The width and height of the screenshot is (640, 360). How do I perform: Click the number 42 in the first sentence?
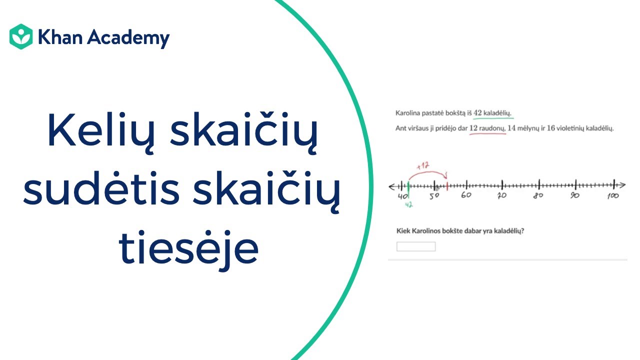(x=477, y=112)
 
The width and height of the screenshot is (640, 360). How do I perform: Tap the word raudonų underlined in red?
(x=493, y=128)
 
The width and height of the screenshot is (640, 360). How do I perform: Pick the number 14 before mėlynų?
(x=511, y=128)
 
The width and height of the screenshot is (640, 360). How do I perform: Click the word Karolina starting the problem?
(x=408, y=113)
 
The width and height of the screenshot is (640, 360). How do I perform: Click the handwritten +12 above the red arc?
(x=424, y=165)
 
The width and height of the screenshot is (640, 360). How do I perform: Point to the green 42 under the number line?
(x=408, y=204)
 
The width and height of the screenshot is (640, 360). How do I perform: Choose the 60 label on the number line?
(x=466, y=195)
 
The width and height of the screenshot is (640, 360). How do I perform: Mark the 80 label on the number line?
(x=538, y=195)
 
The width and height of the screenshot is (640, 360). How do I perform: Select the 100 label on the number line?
(x=613, y=195)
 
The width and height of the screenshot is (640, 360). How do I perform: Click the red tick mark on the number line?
(x=447, y=186)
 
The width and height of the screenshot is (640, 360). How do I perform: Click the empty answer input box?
(x=416, y=246)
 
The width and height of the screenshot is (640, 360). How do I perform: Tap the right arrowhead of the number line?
(x=621, y=184)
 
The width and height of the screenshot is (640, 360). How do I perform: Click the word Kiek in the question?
(x=402, y=230)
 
